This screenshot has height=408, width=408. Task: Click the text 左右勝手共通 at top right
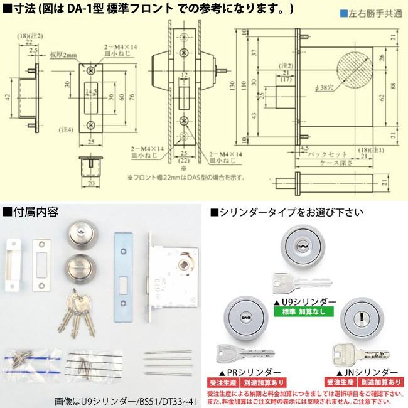pos(373,13)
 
